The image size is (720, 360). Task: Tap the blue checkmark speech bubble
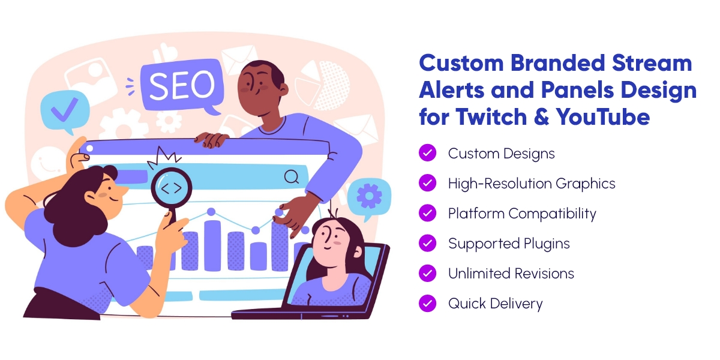point(65,111)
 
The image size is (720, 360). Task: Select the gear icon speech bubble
point(370,198)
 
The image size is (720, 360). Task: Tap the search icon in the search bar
point(292,177)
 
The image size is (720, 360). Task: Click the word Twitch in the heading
point(491,116)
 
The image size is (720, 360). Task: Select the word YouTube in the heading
point(603,116)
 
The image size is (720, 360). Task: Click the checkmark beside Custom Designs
point(427,152)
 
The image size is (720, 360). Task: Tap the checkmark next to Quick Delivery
point(427,303)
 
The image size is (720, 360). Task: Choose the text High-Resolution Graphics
point(532,184)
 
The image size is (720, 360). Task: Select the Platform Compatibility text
point(523,214)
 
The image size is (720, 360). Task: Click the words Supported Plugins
point(509,244)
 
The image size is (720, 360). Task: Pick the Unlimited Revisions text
point(511,274)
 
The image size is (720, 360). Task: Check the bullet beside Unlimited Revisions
point(427,273)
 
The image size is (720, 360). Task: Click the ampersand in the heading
point(542,116)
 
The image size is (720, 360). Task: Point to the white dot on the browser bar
point(89,149)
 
